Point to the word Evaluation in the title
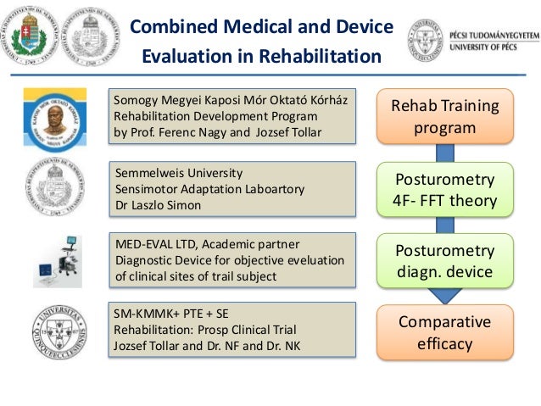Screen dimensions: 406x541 183,58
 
